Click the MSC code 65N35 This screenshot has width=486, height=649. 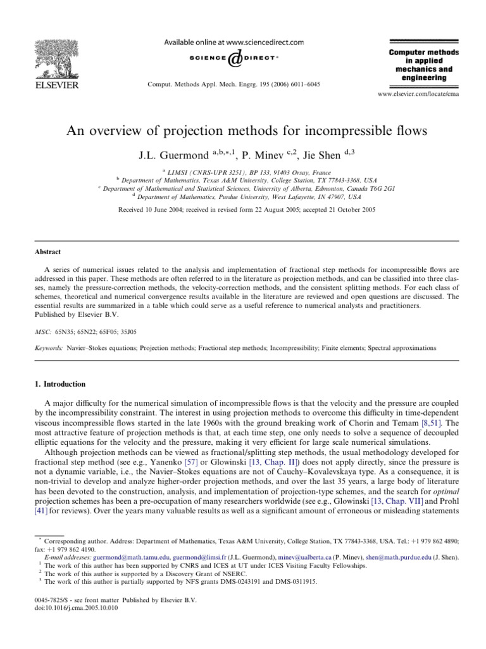(63, 331)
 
